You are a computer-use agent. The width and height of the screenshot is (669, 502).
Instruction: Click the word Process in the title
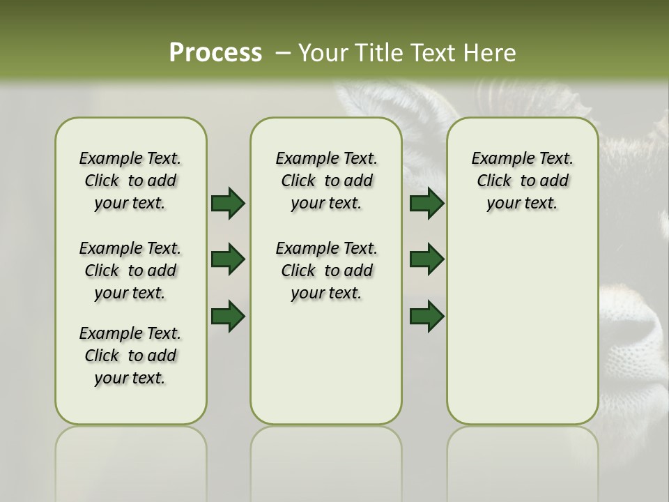(x=215, y=52)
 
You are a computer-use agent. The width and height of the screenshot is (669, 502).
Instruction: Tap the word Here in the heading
(x=489, y=52)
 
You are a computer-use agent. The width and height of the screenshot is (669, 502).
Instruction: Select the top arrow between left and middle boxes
(x=228, y=203)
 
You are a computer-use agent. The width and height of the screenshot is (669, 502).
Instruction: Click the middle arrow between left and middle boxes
(x=228, y=259)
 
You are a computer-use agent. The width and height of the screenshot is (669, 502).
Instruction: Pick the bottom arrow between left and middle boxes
(x=228, y=316)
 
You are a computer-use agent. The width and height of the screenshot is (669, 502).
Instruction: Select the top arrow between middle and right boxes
(x=426, y=203)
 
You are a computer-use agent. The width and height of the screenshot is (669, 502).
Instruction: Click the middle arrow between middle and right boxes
(x=426, y=259)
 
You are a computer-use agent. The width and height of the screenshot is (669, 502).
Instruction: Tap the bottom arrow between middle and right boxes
(x=426, y=316)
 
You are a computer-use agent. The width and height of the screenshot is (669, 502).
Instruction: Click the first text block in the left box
(x=130, y=181)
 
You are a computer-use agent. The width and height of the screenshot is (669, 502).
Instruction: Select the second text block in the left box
(x=130, y=271)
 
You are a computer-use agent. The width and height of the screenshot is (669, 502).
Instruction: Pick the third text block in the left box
(x=130, y=356)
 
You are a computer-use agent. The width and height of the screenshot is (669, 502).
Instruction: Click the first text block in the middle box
(x=327, y=181)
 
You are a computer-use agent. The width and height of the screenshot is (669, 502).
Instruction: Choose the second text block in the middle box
(x=327, y=271)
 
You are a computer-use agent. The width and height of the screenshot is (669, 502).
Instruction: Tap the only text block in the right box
(x=523, y=181)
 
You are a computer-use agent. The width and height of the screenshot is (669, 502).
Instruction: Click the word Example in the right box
(x=498, y=158)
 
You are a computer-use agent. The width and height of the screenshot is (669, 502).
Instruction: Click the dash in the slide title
(x=282, y=52)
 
